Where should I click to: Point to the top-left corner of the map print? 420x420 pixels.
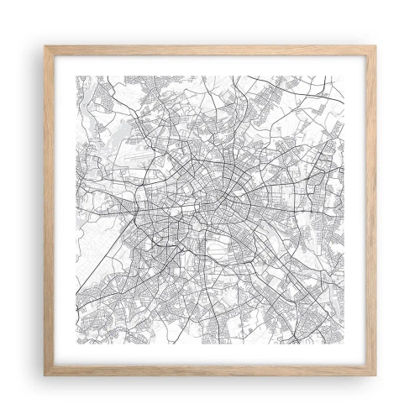click(x=76, y=76)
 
